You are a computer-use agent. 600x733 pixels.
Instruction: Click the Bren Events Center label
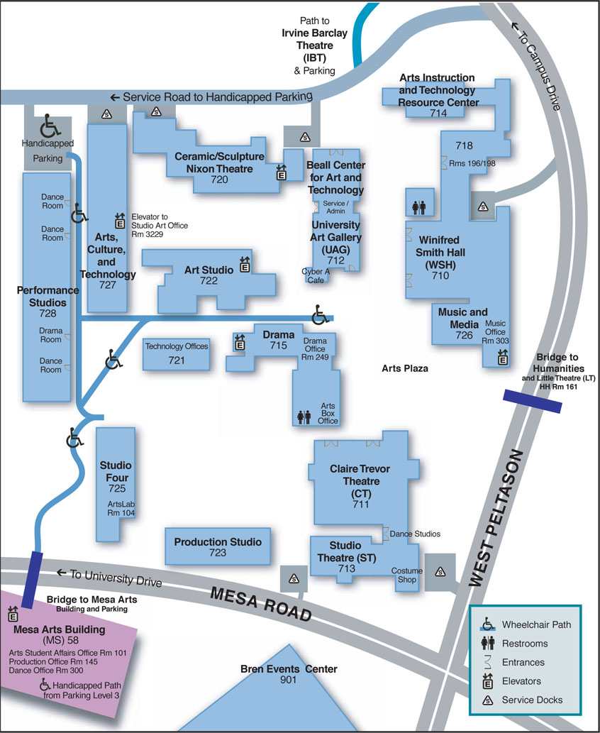[x=289, y=669]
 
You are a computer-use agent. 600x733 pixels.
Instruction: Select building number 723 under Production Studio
[x=217, y=552]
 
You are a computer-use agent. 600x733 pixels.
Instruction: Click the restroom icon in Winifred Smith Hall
[x=419, y=206]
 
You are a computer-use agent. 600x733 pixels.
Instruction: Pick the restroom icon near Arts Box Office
[x=304, y=417]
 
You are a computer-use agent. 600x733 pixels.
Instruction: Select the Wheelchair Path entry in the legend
[x=535, y=624]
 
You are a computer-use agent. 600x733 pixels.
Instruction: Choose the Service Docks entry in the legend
[x=532, y=700]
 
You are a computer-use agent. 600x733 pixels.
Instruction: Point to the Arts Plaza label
[x=405, y=368]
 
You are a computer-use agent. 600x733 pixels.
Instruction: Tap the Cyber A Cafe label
[x=316, y=275]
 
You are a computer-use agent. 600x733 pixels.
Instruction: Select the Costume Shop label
[x=407, y=575]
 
